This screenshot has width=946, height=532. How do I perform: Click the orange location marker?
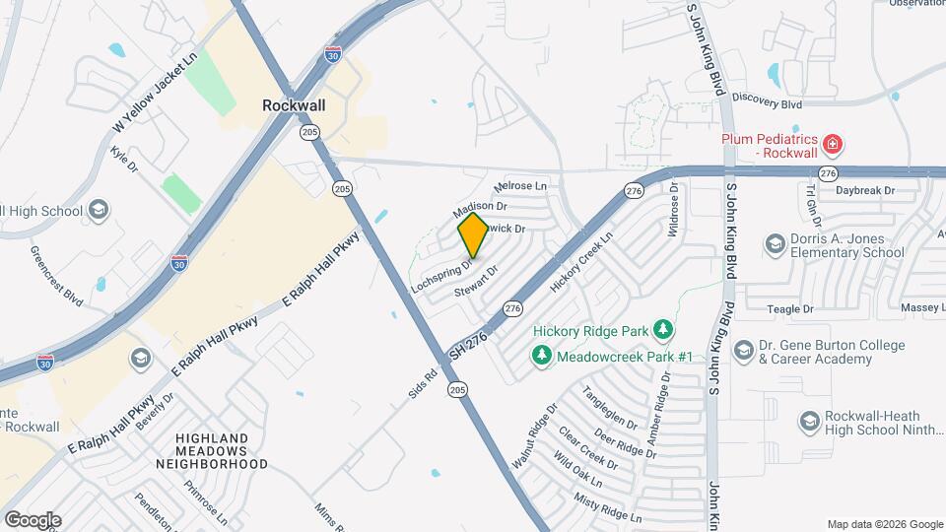click(x=473, y=234)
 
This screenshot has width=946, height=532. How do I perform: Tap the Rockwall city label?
click(x=295, y=103)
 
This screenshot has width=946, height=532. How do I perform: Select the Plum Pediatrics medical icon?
click(x=834, y=145)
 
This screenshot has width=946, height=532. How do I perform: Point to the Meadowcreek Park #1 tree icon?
click(x=541, y=355)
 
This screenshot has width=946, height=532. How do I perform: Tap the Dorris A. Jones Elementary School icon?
click(x=775, y=242)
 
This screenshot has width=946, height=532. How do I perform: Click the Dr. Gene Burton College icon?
click(x=742, y=351)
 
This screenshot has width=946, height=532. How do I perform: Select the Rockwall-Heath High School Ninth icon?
click(x=810, y=422)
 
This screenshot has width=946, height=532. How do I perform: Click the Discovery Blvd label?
click(x=768, y=102)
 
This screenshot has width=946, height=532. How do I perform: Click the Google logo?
click(x=32, y=519)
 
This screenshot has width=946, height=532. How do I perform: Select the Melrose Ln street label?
click(x=519, y=185)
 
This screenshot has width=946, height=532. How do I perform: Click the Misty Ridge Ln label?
click(x=608, y=509)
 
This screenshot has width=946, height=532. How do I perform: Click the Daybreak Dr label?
click(x=864, y=189)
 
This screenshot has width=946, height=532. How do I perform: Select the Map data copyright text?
click(x=884, y=524)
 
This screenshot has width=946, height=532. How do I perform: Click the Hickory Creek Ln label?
click(x=581, y=261)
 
